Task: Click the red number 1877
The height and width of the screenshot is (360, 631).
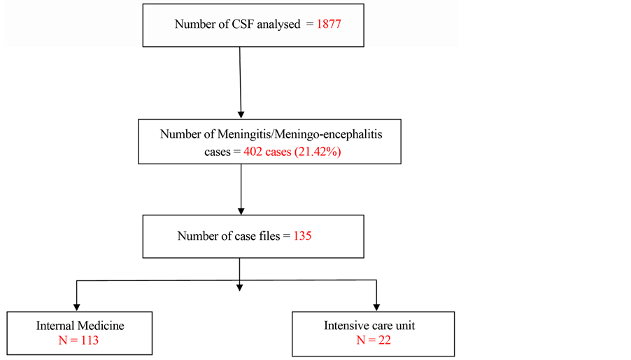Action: pyautogui.click(x=329, y=24)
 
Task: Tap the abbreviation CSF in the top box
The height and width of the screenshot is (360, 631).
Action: pyautogui.click(x=243, y=24)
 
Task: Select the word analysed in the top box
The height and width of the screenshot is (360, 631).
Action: pyautogui.click(x=278, y=24)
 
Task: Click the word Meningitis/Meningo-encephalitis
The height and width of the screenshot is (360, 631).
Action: pyautogui.click(x=300, y=134)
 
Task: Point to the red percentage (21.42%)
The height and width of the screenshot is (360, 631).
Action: pyautogui.click(x=318, y=152)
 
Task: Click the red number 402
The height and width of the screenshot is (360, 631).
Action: pyautogui.click(x=253, y=152)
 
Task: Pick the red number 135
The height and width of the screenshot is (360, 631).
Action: pyautogui.click(x=303, y=236)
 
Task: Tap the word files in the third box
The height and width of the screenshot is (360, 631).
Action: pyautogui.click(x=269, y=236)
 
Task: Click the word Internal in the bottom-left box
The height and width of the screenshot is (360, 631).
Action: pyautogui.click(x=55, y=326)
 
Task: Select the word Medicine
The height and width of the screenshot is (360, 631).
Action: pyautogui.click(x=101, y=326)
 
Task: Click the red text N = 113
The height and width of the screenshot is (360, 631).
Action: pyautogui.click(x=78, y=340)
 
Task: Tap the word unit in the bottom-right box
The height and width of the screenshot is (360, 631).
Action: pyautogui.click(x=405, y=326)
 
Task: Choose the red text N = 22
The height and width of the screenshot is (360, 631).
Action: pyautogui.click(x=374, y=340)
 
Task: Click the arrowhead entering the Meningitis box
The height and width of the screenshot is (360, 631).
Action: pyautogui.click(x=241, y=115)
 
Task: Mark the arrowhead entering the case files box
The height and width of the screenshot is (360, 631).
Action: pyautogui.click(x=241, y=211)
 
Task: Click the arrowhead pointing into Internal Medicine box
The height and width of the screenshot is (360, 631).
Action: pyautogui.click(x=76, y=308)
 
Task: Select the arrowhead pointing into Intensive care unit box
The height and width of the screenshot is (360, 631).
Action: pyautogui.click(x=376, y=308)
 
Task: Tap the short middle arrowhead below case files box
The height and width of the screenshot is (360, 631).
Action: pyautogui.click(x=239, y=287)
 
